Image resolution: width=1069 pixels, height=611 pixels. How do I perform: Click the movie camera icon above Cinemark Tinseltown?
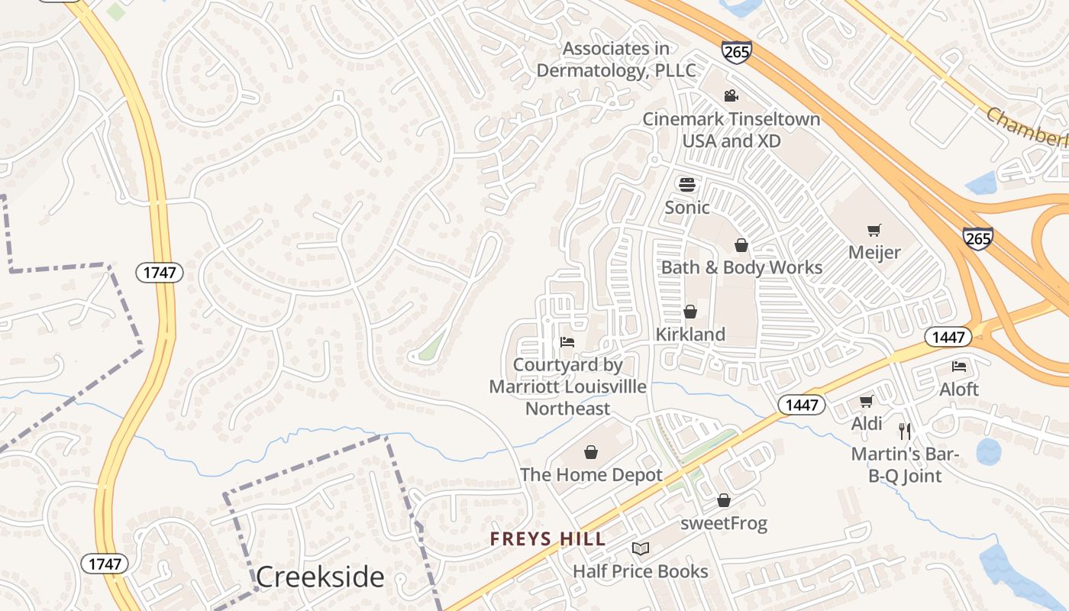[x=731, y=95]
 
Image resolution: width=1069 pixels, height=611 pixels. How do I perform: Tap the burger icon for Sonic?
[x=687, y=185]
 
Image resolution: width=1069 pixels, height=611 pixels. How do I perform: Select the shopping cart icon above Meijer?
[x=874, y=230]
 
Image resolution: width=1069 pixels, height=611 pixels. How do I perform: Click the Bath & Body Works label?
[x=741, y=267]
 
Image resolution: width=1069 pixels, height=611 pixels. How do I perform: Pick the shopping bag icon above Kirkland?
[x=690, y=312]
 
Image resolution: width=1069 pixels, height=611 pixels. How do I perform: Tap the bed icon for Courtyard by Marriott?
[x=567, y=341]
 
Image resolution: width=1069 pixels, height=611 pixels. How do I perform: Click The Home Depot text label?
[x=591, y=475]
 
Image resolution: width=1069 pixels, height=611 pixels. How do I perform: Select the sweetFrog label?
[x=723, y=523]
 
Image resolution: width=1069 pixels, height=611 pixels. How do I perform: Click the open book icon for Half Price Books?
[x=641, y=548]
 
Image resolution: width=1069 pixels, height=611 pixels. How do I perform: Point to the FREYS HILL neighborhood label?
[x=547, y=539]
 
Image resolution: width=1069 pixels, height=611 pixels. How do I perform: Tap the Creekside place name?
[x=319, y=577]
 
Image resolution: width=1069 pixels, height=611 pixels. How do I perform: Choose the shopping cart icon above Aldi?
[x=866, y=401]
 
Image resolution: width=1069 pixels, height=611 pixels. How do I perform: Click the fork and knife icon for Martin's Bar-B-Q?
[x=905, y=432]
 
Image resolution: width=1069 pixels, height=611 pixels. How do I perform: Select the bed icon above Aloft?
[x=959, y=367]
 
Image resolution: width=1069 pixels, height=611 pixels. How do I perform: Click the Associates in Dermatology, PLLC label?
[x=616, y=60]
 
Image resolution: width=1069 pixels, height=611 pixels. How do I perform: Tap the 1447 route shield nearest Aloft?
[x=948, y=336]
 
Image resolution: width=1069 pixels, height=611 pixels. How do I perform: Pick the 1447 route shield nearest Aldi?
[x=802, y=405]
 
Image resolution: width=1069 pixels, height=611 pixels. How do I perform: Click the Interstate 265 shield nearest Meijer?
[x=977, y=238]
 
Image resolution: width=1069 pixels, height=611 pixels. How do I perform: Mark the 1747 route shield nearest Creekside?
[x=105, y=564]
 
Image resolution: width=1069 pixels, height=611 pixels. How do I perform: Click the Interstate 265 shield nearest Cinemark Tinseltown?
[x=736, y=52]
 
